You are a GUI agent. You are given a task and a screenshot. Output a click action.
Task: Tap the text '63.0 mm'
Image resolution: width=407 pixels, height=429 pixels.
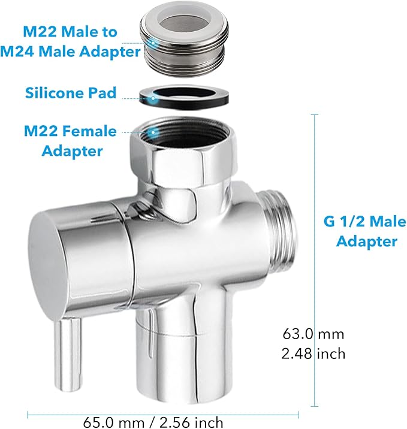(313, 333)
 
